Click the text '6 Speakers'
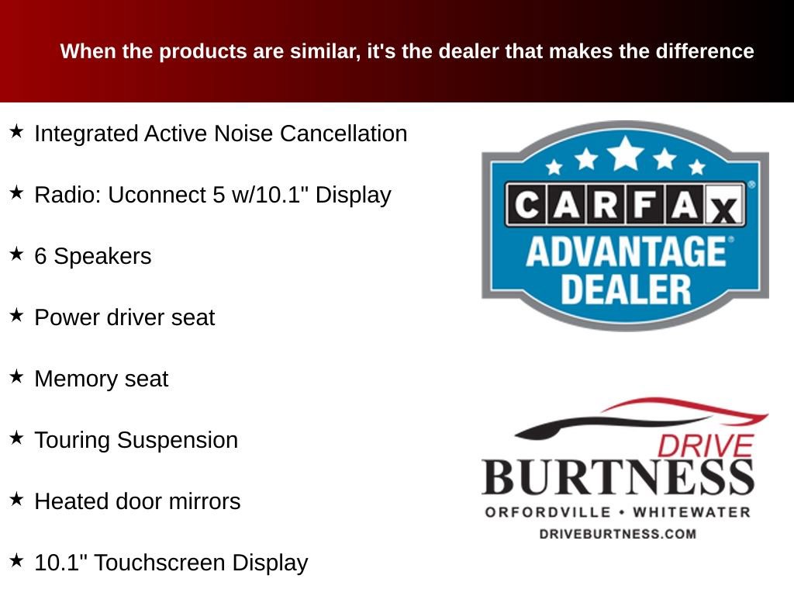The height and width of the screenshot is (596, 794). click(93, 256)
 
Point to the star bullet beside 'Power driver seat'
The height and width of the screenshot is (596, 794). click(17, 315)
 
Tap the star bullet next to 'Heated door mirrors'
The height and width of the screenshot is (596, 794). click(17, 499)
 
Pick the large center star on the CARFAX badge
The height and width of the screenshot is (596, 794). click(625, 152)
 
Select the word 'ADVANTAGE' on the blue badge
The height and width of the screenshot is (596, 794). click(624, 252)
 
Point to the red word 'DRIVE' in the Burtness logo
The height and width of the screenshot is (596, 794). click(705, 445)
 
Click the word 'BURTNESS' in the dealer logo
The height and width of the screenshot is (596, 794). click(618, 476)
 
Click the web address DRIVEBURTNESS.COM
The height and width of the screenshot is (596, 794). click(617, 533)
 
